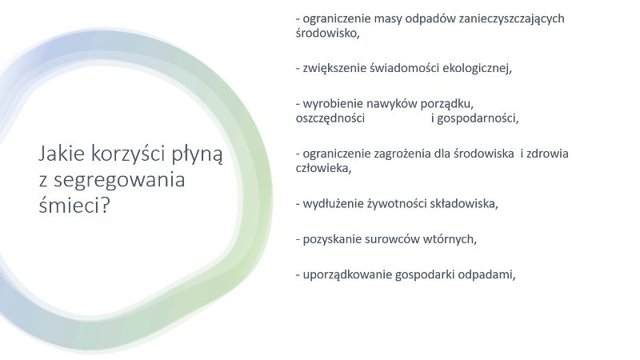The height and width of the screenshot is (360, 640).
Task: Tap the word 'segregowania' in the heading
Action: pyautogui.click(x=119, y=180)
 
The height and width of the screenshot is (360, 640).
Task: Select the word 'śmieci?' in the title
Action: pyautogui.click(x=74, y=204)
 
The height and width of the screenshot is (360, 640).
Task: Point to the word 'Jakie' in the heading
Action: pyautogui.click(x=62, y=154)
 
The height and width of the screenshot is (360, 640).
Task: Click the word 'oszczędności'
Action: pyautogui.click(x=330, y=118)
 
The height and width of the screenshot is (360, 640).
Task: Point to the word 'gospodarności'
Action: pyautogui.click(x=475, y=118)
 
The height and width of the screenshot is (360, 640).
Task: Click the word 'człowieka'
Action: pyautogui.click(x=322, y=168)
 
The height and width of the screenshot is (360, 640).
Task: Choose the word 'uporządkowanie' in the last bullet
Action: pyautogui.click(x=347, y=275)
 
